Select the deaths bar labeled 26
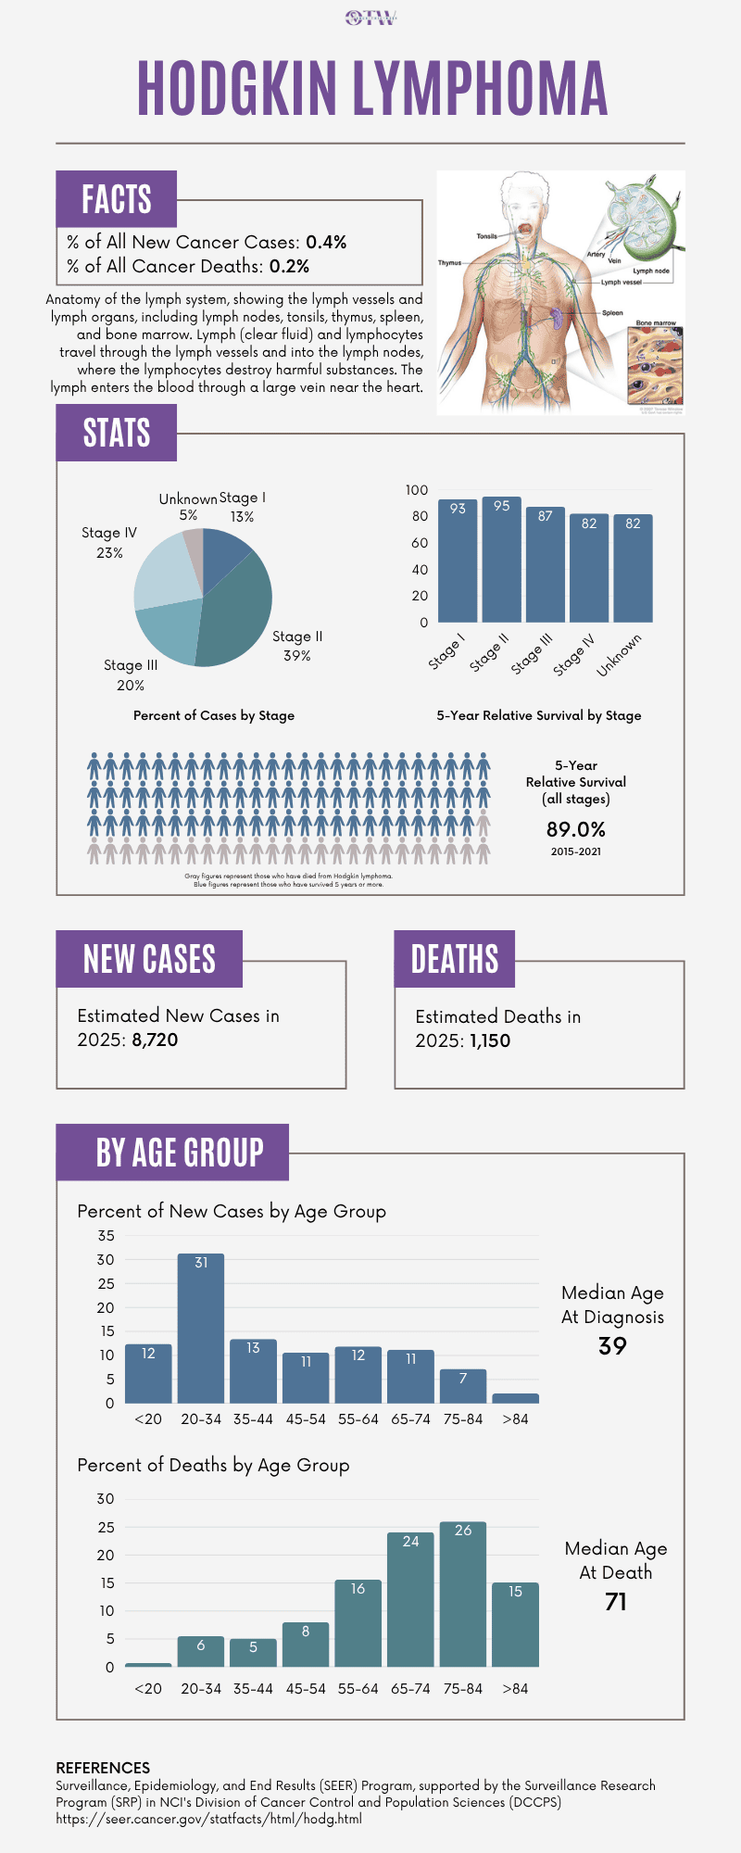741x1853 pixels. tap(463, 1594)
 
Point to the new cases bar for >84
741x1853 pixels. tap(515, 1398)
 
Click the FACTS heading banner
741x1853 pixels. tap(116, 199)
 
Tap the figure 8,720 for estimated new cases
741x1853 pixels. tap(155, 1040)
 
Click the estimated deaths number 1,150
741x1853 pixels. tap(490, 1040)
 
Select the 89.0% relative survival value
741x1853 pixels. tap(575, 829)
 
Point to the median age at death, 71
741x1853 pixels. tap(616, 1602)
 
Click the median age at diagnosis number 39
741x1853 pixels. tap(612, 1346)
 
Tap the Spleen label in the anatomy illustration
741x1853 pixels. tap(612, 313)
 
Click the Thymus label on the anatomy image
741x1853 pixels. tap(449, 263)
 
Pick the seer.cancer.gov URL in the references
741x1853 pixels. tap(208, 1819)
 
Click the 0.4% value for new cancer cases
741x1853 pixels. tap(326, 242)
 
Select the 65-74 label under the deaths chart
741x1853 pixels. tap(410, 1688)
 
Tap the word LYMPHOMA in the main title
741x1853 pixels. tap(480, 89)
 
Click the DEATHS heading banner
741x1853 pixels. tap(454, 959)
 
